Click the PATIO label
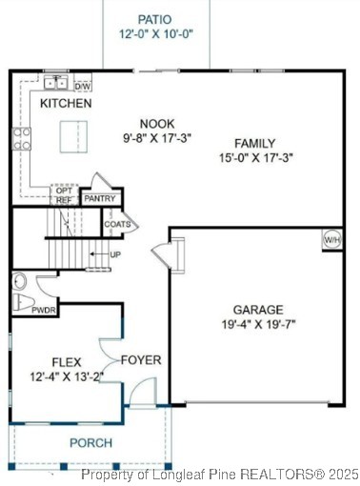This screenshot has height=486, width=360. (x=155, y=19)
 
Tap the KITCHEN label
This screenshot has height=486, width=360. (x=66, y=103)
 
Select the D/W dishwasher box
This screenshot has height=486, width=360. (x=83, y=86)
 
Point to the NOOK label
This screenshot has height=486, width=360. (x=157, y=123)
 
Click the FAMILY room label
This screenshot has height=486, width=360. (x=254, y=143)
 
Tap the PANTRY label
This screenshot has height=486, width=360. (x=99, y=199)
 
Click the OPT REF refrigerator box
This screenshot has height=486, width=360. (x=64, y=195)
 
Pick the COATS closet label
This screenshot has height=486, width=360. (x=118, y=225)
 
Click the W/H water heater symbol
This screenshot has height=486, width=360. (x=332, y=239)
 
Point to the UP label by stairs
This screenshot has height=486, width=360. (x=115, y=255)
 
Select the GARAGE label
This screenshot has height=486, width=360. (x=258, y=310)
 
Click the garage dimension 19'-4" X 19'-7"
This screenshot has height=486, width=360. (x=258, y=324)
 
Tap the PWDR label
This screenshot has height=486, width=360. (x=44, y=310)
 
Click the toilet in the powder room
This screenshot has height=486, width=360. (x=22, y=303)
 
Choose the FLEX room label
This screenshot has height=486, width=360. (x=65, y=362)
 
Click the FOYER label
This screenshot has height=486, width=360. (x=141, y=360)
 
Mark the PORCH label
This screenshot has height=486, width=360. (x=90, y=443)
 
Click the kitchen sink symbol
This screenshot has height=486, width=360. (x=56, y=83)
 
